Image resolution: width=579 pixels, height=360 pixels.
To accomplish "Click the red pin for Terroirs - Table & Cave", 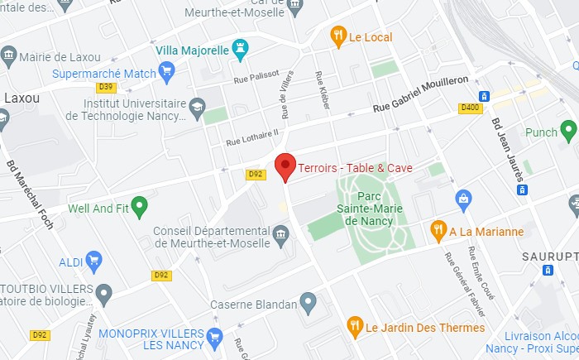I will tap(285, 166).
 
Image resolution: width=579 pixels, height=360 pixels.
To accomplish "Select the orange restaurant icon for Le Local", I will tap(337, 36).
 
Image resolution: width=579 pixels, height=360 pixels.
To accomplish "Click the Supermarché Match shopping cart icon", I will tap(168, 73).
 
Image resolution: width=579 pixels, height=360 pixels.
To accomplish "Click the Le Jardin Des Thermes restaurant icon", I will tap(354, 325).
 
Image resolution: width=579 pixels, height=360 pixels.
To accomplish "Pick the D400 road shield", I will tap(470, 108).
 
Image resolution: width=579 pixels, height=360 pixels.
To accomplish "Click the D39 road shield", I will tap(105, 87).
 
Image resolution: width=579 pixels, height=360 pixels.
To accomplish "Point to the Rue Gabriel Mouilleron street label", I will tap(420, 94).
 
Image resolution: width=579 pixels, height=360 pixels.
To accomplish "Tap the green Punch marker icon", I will tap(568, 129).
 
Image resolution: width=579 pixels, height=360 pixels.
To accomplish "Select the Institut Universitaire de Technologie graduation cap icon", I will tap(197, 105).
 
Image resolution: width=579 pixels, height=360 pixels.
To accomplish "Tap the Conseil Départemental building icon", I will tap(280, 237).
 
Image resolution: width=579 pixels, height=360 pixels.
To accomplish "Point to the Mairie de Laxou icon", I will tap(8, 56).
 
